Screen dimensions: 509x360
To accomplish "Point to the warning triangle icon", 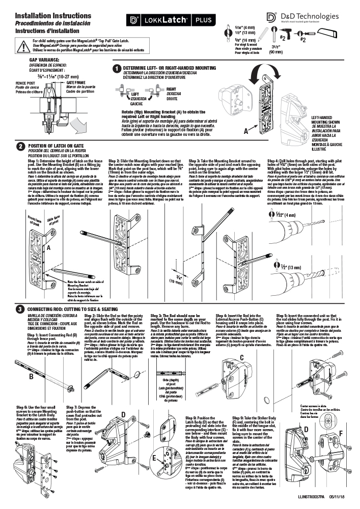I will [24, 45].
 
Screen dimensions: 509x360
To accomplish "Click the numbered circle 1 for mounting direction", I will [117, 68].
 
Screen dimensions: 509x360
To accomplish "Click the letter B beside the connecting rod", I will [31, 377].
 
